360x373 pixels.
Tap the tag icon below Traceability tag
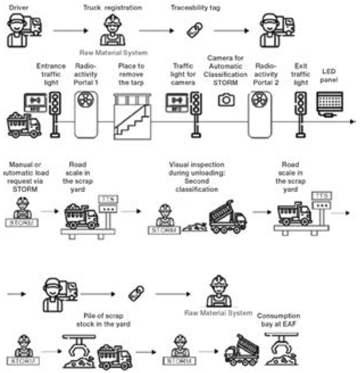tap(194, 31)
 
